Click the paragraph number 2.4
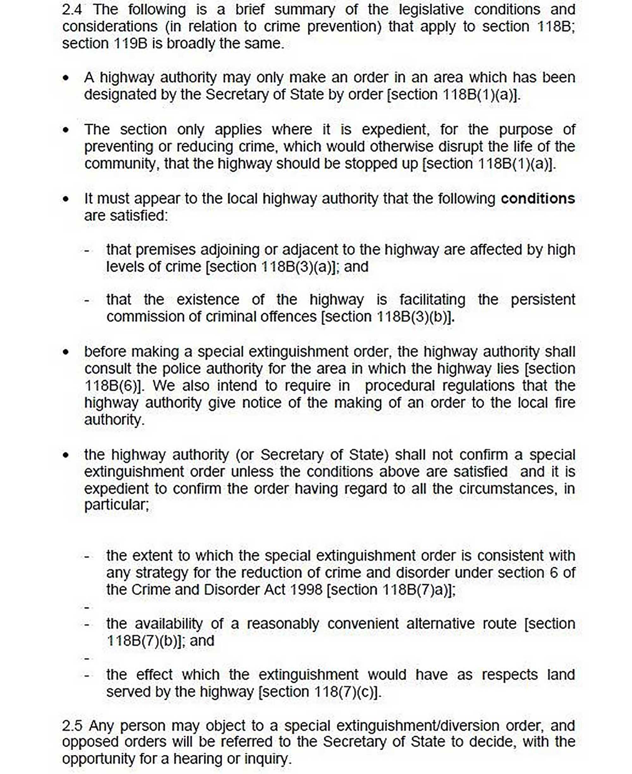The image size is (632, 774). point(72,10)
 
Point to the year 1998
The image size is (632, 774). point(306,590)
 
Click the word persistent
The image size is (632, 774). point(543,300)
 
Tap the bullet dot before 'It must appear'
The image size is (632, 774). point(65,199)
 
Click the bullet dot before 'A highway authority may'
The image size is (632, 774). point(65,78)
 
